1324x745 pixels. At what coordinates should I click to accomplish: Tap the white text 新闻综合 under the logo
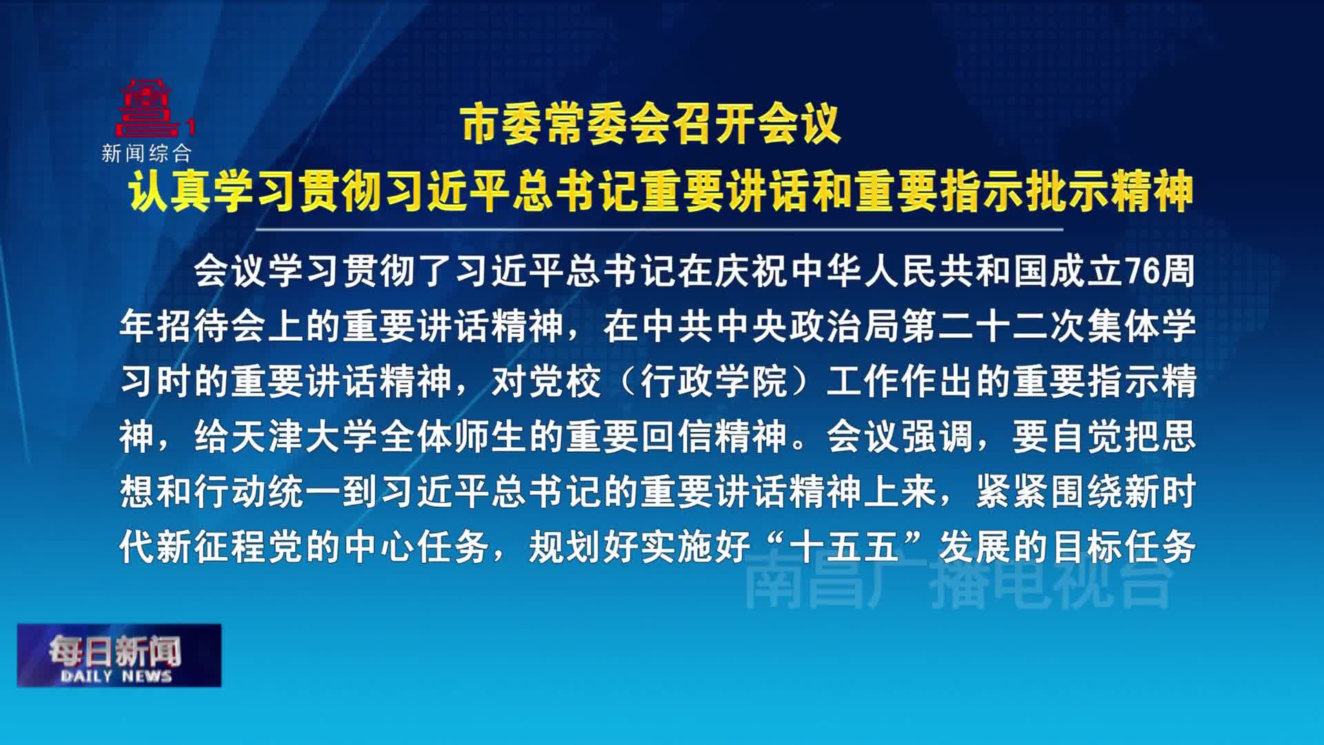pyautogui.click(x=146, y=153)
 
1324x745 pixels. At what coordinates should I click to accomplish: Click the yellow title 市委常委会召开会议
pyautogui.click(x=651, y=125)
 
